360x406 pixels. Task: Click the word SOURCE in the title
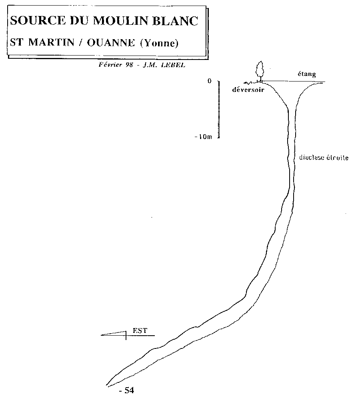click(x=31, y=21)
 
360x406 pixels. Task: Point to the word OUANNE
click(x=112, y=43)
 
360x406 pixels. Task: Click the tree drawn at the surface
click(x=261, y=70)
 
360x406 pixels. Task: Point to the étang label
click(x=307, y=74)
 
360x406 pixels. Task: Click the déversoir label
click(x=248, y=90)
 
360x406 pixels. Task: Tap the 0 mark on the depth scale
click(x=209, y=81)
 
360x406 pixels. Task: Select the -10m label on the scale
click(x=203, y=137)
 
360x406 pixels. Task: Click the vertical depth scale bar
click(x=219, y=109)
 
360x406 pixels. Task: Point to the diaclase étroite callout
click(x=324, y=158)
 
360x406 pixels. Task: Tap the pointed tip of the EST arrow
click(x=102, y=335)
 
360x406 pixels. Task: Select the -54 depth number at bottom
click(x=126, y=390)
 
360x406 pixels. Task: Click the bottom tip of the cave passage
click(x=107, y=385)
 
